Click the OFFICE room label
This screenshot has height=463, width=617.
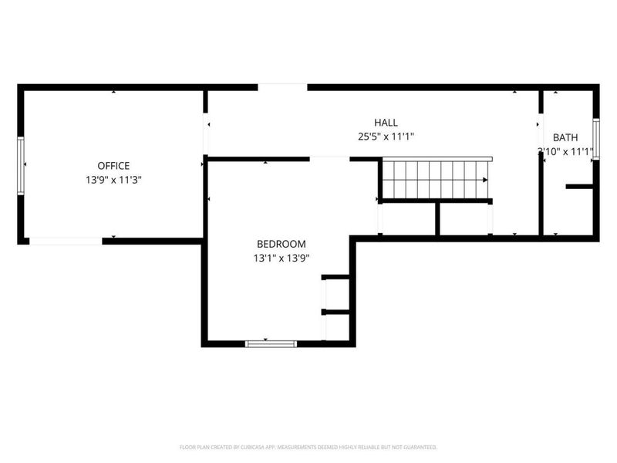click(x=113, y=165)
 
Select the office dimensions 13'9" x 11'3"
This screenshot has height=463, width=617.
click(x=113, y=179)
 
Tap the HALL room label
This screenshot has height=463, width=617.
click(x=386, y=123)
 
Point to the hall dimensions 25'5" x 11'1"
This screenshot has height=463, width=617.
click(x=386, y=137)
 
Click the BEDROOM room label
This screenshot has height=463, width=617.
click(x=281, y=244)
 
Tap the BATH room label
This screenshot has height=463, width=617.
click(x=565, y=137)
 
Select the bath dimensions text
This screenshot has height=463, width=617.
click(x=565, y=152)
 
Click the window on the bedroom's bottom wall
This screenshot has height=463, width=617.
click(x=271, y=343)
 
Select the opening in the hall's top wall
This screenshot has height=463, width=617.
click(x=282, y=87)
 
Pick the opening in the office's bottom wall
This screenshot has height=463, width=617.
click(x=66, y=241)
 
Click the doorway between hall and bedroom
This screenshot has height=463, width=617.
click(x=330, y=159)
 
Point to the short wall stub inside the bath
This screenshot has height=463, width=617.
click(x=579, y=187)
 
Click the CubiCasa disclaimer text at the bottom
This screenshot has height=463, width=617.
click(x=308, y=446)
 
